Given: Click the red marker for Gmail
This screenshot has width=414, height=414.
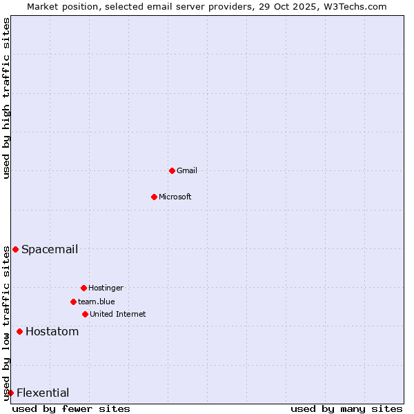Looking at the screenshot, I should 172,170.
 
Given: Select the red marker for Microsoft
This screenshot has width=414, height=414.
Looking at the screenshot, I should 154,197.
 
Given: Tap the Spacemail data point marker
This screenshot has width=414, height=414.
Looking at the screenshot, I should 15,249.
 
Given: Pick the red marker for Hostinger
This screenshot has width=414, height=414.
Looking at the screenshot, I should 83,288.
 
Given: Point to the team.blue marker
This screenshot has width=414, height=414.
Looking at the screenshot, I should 73,302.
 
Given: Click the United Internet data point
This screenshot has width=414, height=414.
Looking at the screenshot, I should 85,314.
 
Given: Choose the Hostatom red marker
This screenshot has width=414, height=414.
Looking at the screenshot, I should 19,332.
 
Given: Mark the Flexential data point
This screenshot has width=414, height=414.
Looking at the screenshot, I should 10,393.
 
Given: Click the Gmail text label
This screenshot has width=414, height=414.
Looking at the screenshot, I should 187,170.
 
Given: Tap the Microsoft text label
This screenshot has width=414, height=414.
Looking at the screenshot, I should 175,197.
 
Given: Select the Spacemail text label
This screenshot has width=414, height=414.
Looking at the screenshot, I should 50,249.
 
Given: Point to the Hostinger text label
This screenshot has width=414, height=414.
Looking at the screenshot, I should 106,288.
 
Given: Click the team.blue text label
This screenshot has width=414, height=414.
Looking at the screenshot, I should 97,302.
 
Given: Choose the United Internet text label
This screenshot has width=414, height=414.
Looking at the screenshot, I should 118,314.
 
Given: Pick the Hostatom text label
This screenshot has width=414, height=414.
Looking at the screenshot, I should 52,332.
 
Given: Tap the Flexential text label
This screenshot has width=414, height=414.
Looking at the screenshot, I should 43,393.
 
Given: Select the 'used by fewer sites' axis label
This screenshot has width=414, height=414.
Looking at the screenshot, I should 71,408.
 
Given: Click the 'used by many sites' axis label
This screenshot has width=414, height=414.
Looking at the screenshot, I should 346,408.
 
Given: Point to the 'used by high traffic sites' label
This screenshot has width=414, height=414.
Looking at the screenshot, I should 6,98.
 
